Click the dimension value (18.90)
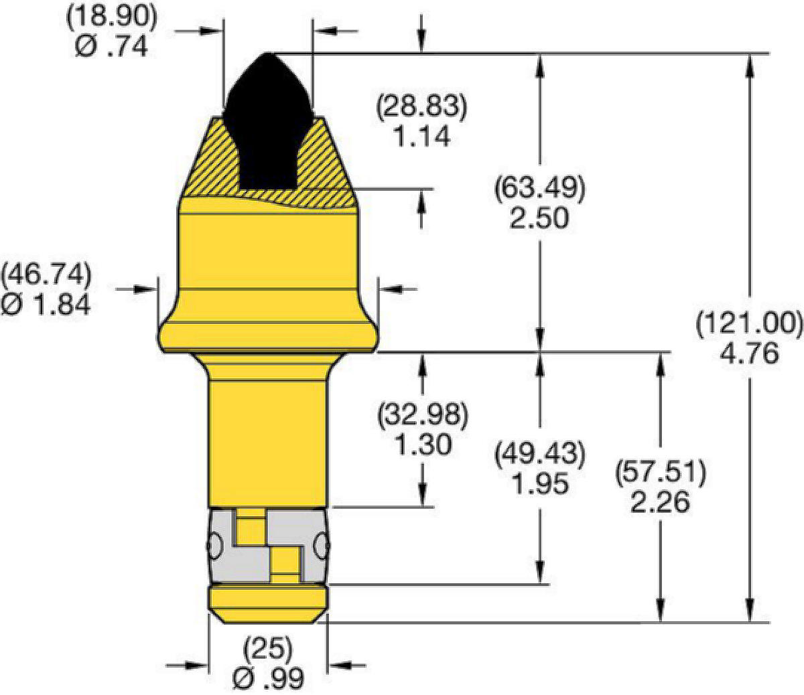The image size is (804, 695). (112, 17)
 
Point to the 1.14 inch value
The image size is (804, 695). (422, 136)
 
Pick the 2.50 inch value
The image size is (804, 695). (539, 218)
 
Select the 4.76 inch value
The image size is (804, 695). (750, 354)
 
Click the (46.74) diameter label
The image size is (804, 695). (46, 274)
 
